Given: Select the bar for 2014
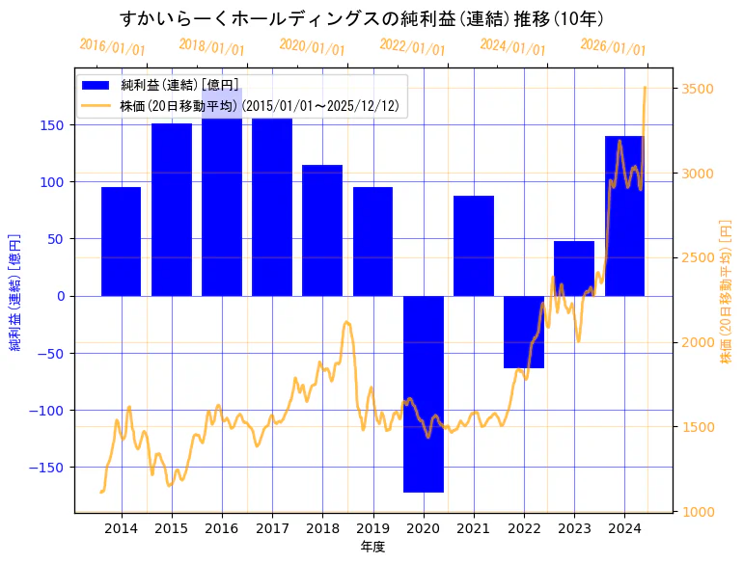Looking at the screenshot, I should [x=121, y=241].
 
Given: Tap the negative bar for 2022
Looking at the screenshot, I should [x=524, y=332].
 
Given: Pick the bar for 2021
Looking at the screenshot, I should [x=473, y=245].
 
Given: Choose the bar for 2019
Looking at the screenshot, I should [x=372, y=241].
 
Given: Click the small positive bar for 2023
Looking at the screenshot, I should [x=574, y=268].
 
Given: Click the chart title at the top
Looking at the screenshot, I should [x=362, y=18].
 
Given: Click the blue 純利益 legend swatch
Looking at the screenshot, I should [x=96, y=86].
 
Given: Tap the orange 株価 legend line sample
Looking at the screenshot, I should [x=96, y=106].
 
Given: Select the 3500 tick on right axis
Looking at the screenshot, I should [x=698, y=89].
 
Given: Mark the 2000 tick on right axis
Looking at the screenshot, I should [x=698, y=342].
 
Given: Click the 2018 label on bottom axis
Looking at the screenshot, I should [x=322, y=528].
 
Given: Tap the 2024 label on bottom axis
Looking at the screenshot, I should [x=624, y=528].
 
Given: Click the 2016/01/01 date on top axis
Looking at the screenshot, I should [x=112, y=46].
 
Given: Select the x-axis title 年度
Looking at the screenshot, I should [x=372, y=547].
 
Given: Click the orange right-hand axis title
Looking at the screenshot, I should [x=727, y=289].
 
